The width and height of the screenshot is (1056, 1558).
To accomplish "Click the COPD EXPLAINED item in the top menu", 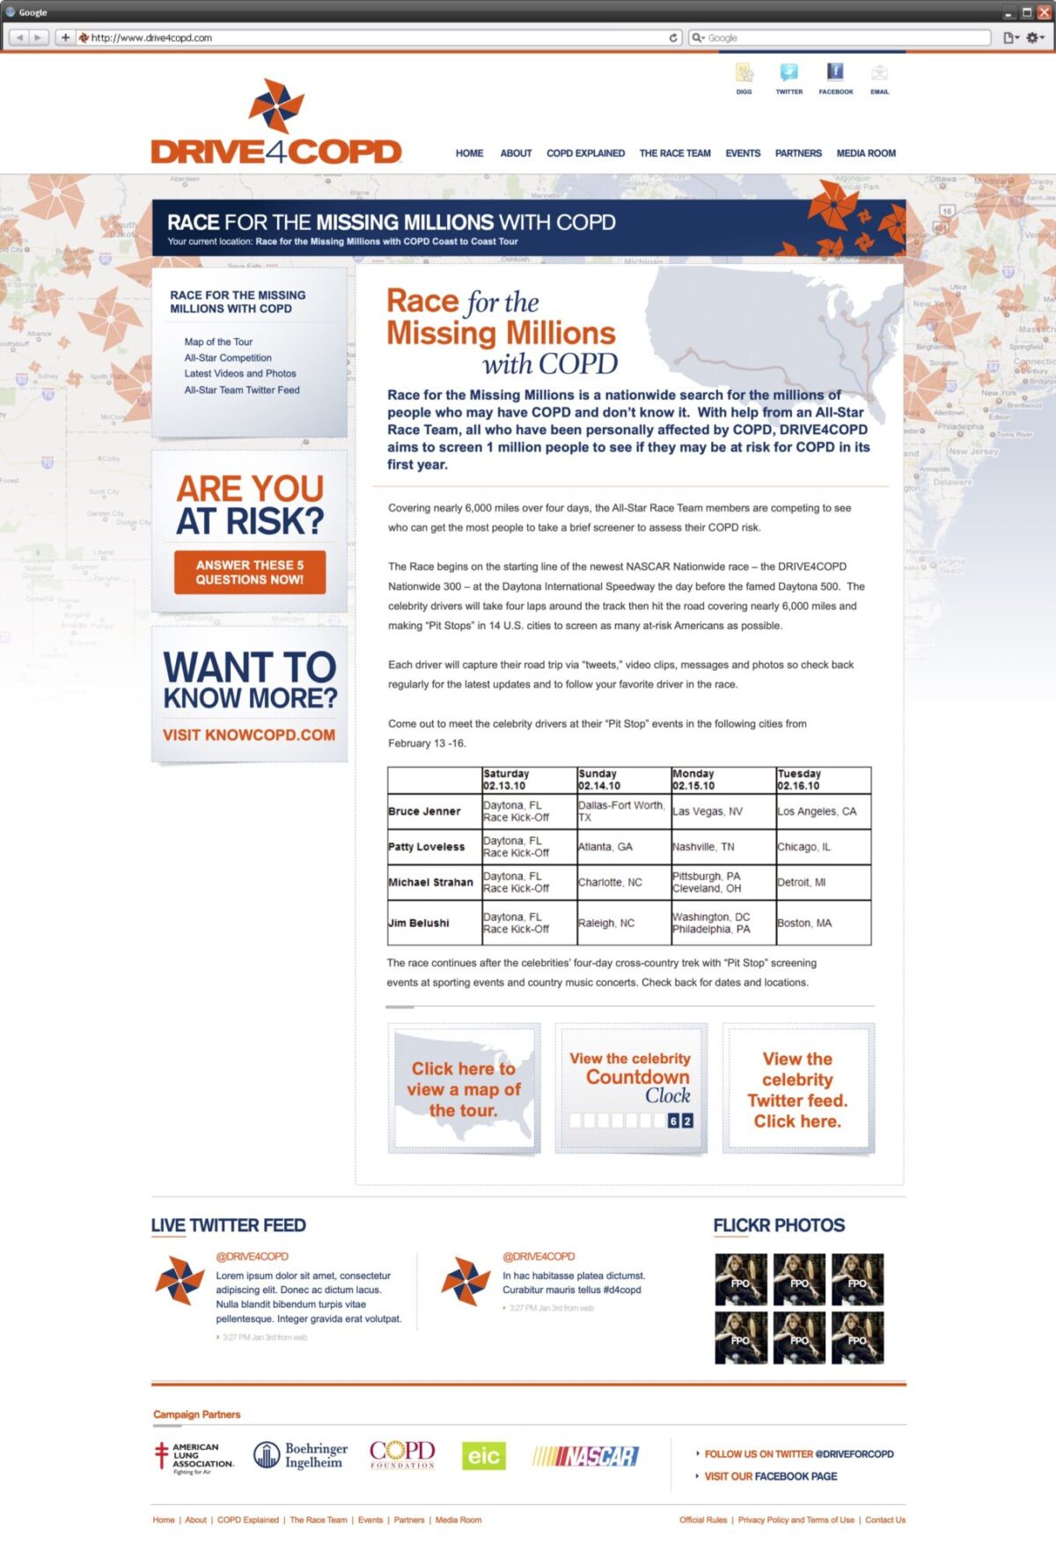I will (585, 153).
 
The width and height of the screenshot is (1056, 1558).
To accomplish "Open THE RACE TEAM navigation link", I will (675, 153).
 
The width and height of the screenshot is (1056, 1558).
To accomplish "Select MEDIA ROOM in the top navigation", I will (866, 153).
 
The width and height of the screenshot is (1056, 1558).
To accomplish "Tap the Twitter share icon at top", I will (788, 74).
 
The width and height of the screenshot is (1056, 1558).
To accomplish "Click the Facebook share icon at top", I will (835, 74).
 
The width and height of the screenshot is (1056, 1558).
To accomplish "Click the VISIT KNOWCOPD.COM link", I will (249, 735).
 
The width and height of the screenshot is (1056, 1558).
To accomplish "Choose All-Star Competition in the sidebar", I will (228, 358).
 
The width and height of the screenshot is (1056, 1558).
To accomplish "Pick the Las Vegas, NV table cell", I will (708, 812).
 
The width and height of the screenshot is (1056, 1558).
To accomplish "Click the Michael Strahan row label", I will (430, 882).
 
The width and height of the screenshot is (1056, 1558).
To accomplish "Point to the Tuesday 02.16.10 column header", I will (799, 780).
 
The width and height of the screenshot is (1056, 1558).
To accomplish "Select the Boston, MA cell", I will (804, 923).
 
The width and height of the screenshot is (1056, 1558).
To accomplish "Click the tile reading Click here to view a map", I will (464, 1089).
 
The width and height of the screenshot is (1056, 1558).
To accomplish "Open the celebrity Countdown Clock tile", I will (631, 1089).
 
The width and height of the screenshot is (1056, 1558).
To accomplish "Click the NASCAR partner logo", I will (585, 1457).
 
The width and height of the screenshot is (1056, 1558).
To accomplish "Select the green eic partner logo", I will (483, 1457).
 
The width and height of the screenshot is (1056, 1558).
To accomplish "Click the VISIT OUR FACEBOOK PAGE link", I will (770, 1476).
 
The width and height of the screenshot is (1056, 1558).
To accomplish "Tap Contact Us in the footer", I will (884, 1520).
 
